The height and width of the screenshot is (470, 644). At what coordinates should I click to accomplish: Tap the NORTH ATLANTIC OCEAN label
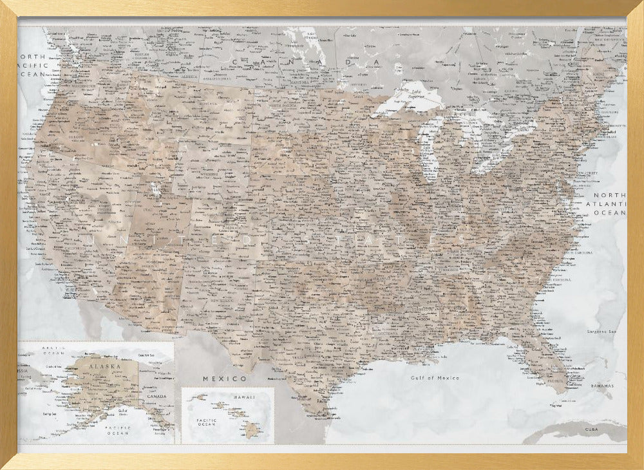click(x=609, y=203)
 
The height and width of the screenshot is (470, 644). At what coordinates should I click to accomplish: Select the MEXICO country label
click(x=224, y=378)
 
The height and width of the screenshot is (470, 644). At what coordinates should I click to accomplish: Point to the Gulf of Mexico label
click(x=435, y=378)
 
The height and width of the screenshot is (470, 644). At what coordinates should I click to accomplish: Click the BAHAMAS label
click(x=602, y=386)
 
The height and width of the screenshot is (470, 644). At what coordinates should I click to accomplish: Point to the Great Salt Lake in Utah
click(x=153, y=189)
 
